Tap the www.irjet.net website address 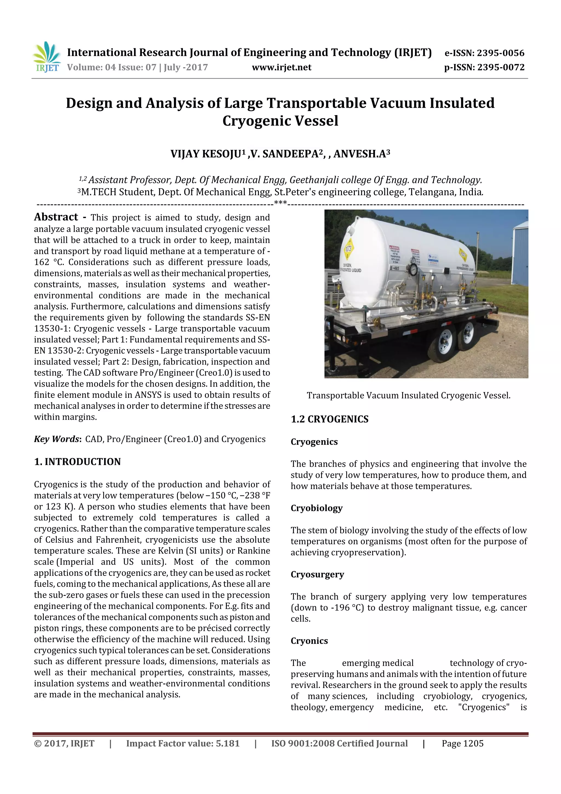(x=281, y=67)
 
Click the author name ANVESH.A (x=361, y=154)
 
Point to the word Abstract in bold (x=56, y=217)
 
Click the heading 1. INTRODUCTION (x=78, y=462)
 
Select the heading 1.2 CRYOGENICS (x=330, y=419)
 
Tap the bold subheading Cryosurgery (x=317, y=574)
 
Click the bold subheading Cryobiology (x=316, y=508)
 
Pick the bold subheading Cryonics (x=309, y=641)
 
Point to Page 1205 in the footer (x=462, y=744)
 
